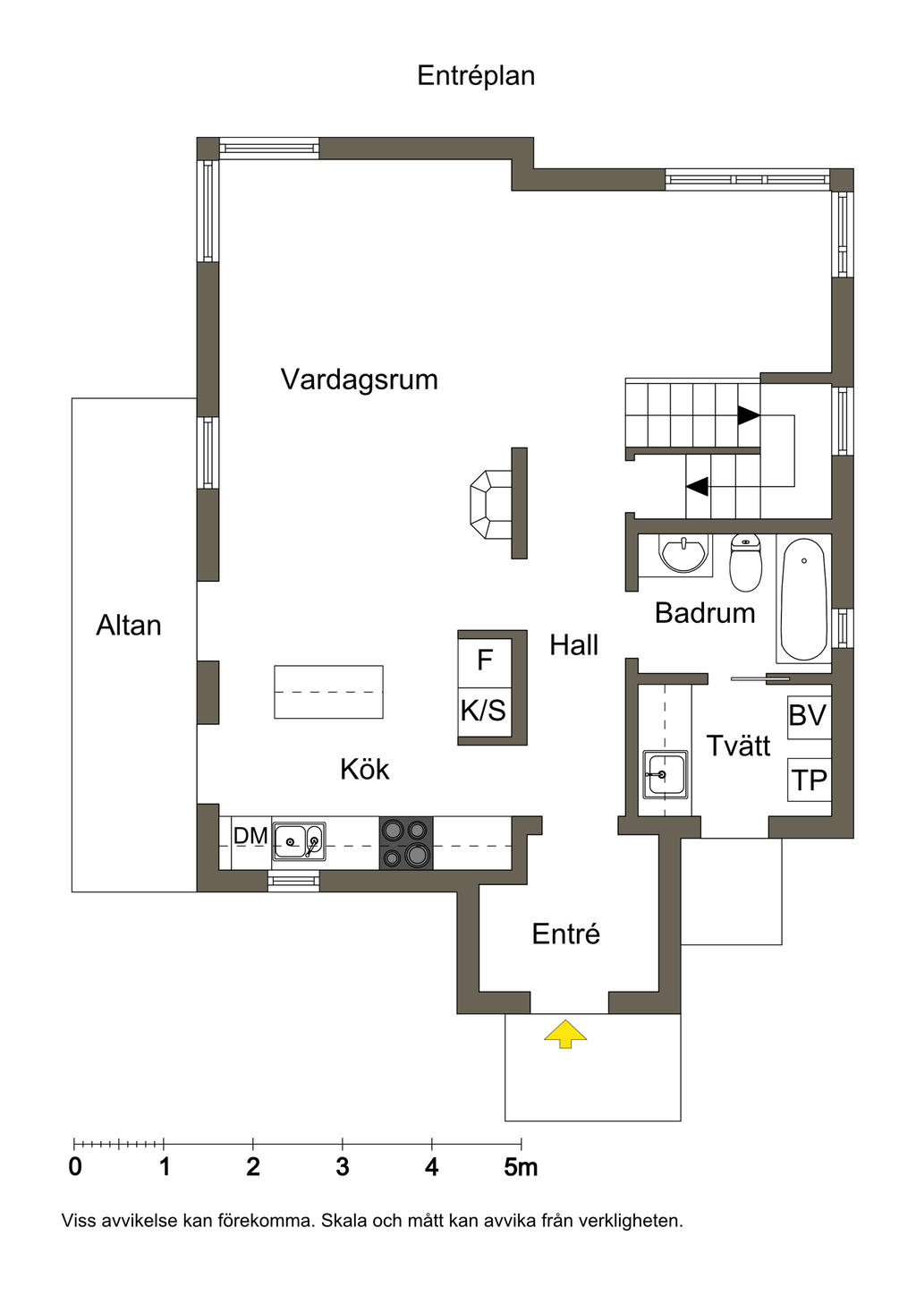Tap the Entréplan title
[476, 75]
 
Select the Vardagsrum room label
[359, 379]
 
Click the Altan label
[129, 625]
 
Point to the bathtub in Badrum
[803, 599]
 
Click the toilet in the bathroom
[745, 562]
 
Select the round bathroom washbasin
[685, 554]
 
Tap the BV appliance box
[808, 716]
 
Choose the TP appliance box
[809, 780]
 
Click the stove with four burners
[405, 842]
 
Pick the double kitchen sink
[299, 841]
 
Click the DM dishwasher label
[250, 836]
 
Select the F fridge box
[485, 661]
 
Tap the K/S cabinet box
[484, 712]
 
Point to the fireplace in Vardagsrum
[491, 504]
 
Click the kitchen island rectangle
[328, 692]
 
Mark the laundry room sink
[665, 774]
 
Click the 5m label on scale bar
[521, 1167]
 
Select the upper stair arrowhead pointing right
[748, 416]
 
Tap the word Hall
[573, 644]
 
